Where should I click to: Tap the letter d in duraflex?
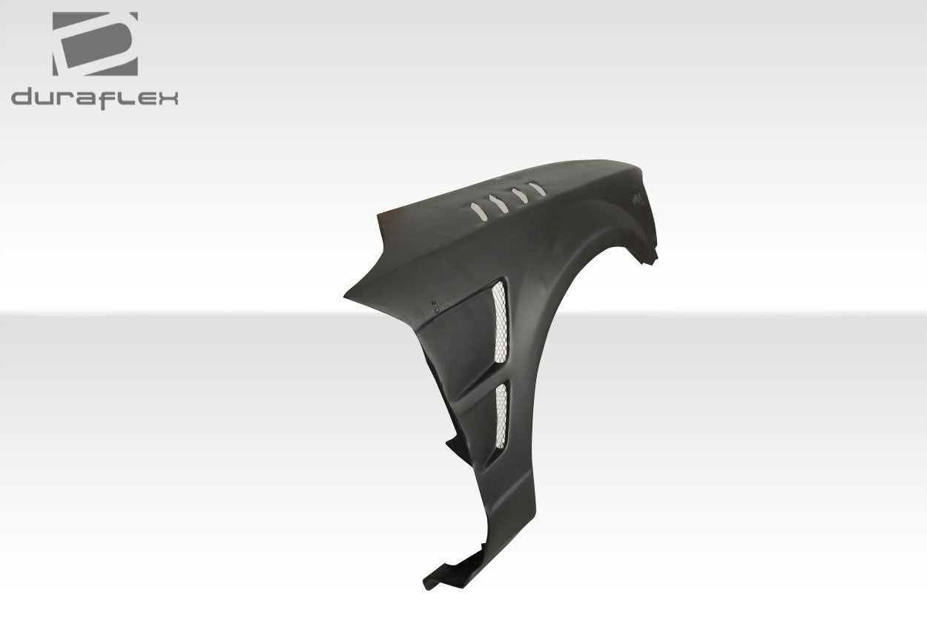(x=23, y=98)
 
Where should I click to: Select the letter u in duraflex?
(x=46, y=99)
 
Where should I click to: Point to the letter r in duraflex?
(x=68, y=99)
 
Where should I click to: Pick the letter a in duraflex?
(x=88, y=99)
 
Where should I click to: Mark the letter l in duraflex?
(x=125, y=97)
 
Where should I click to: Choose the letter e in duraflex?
(x=144, y=99)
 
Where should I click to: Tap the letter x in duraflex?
(x=167, y=99)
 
